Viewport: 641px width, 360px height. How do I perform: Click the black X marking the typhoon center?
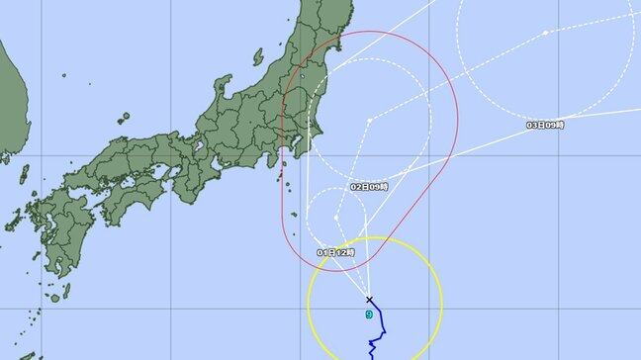coord(369,299)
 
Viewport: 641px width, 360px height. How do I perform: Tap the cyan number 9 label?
coord(369,315)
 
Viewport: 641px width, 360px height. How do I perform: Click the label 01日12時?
coord(335,253)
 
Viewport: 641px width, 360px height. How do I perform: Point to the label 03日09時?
coord(545,125)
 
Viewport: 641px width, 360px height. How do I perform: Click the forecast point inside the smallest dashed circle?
coord(337,216)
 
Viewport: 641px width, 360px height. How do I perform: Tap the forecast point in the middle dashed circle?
coord(369,121)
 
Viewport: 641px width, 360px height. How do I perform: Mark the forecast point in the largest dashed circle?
coord(544,34)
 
